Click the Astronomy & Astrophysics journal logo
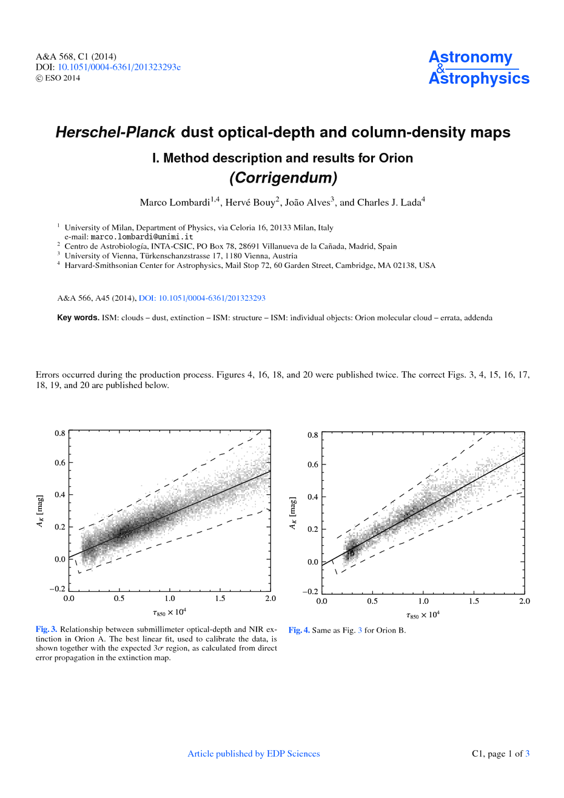point(478,68)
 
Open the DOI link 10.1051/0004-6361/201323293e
point(119,67)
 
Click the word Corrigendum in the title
point(283,178)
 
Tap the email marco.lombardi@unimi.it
point(141,236)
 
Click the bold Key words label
point(78,318)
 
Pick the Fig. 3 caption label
point(46,629)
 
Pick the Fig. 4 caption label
point(299,630)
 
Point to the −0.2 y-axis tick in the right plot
point(310,592)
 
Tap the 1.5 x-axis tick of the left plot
point(220,598)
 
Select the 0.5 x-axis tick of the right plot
point(372,602)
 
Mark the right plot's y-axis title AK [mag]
point(294,513)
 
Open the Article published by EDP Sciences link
point(253,754)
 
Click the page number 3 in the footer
point(527,754)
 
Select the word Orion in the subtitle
point(395,158)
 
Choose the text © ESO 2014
point(58,78)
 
